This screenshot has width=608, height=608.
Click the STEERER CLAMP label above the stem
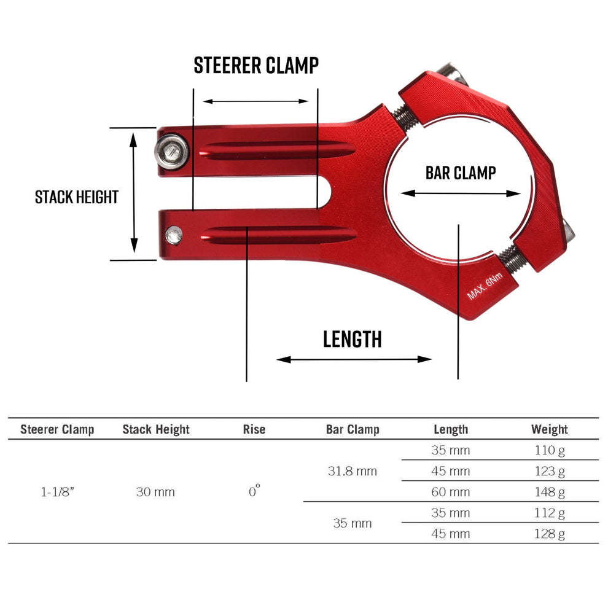256,65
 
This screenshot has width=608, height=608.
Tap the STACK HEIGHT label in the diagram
76,197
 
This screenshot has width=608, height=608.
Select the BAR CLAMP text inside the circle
460,173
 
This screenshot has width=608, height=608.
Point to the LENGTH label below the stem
353,339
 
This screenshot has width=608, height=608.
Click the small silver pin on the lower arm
175,234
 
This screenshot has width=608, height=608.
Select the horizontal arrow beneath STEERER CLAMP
255,101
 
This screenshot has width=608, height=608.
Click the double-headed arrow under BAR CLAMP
461,193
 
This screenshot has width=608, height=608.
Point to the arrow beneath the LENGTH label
354,359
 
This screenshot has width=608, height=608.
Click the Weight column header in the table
549,429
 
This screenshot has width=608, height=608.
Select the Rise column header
254,429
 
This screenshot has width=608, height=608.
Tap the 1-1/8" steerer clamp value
57,492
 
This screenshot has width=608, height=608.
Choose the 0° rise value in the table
254,491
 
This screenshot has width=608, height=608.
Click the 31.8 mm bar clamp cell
353,471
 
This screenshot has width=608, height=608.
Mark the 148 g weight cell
549,492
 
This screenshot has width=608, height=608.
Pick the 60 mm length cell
451,492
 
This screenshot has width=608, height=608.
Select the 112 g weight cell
549,513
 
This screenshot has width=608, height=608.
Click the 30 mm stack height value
155,492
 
